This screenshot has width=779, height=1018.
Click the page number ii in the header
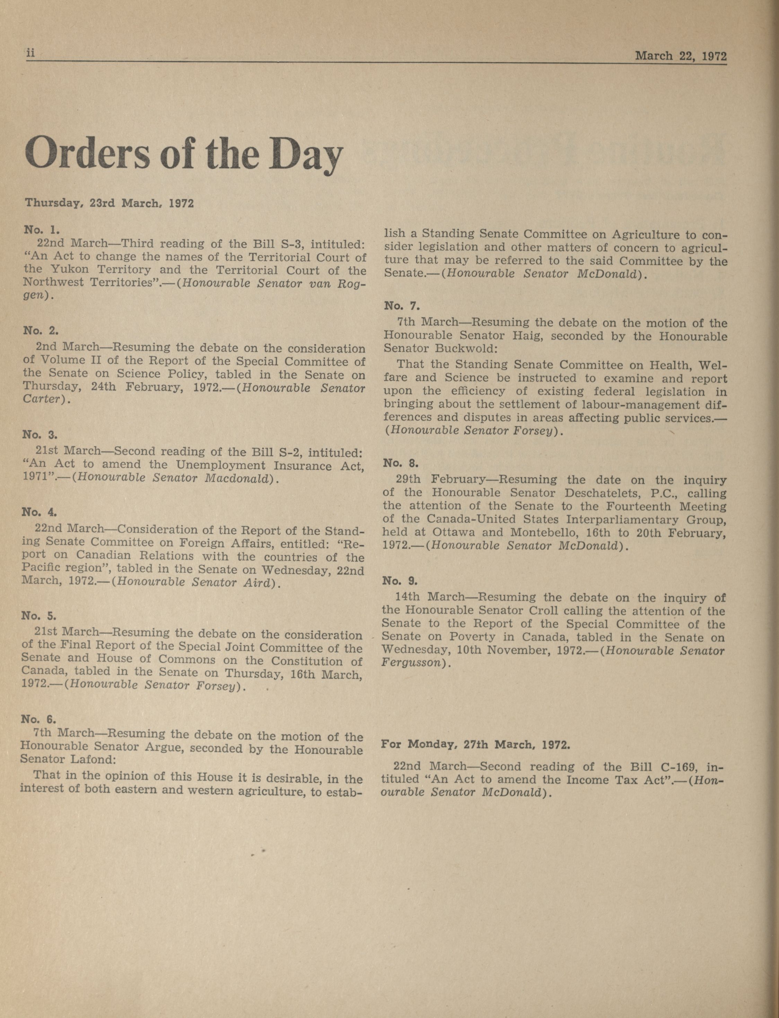point(30,54)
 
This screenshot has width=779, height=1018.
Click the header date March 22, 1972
point(680,56)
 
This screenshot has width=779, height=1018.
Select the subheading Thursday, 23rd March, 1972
point(110,203)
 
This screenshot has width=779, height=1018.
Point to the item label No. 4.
point(39,512)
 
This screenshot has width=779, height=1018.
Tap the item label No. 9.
point(400,581)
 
